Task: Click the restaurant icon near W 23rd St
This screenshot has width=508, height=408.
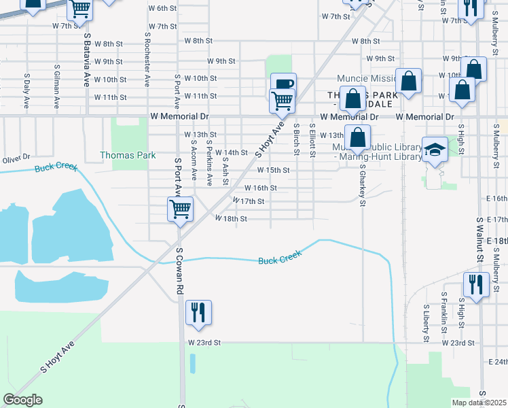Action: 198,313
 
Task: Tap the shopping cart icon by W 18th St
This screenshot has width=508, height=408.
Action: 180,209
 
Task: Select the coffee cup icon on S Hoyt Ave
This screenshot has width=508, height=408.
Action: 283,84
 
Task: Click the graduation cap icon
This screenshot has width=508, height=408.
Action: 434,149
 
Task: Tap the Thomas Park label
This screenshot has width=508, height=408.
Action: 128,155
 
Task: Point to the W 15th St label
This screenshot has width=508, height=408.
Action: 274,170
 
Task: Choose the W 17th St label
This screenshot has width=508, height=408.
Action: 248,201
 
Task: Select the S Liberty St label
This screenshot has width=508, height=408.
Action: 427,322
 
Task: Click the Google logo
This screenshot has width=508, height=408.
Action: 22,400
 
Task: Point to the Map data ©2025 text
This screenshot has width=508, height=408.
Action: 479,403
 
